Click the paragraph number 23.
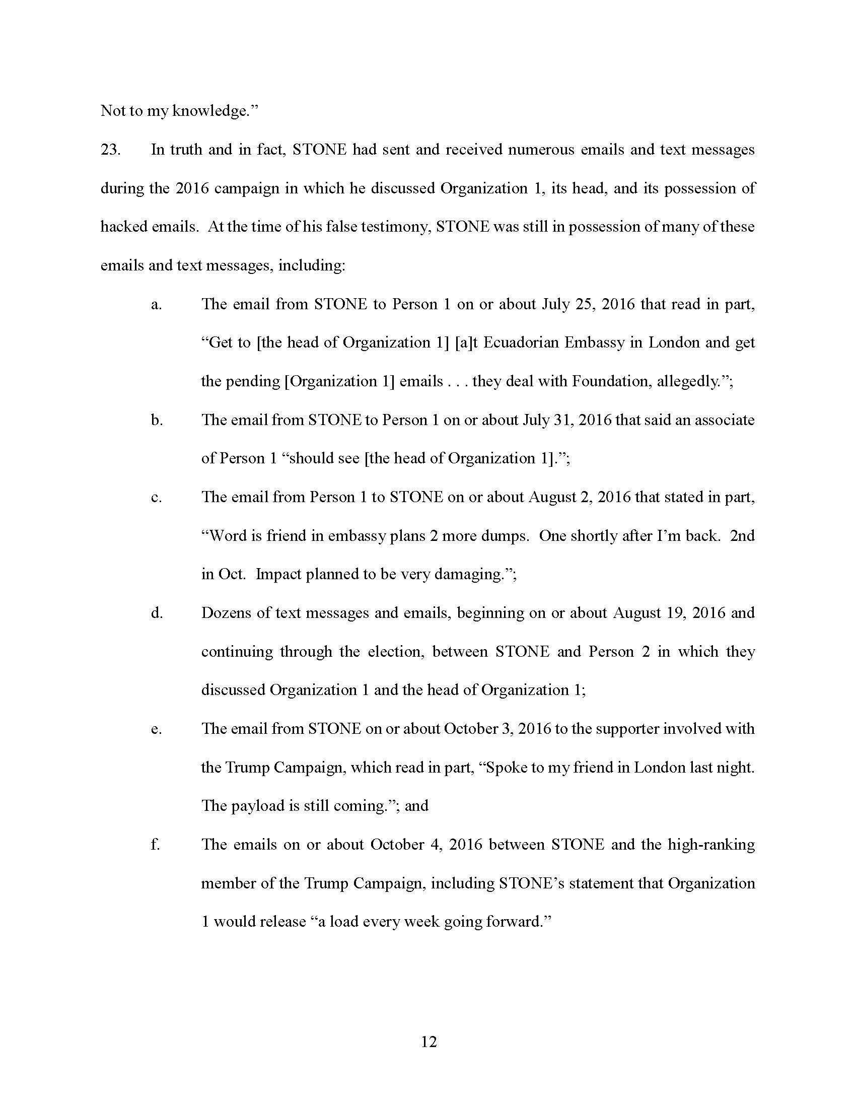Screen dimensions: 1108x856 pyautogui.click(x=110, y=150)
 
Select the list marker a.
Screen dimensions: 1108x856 pyautogui.click(x=156, y=304)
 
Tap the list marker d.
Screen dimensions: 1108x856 pyautogui.click(x=157, y=613)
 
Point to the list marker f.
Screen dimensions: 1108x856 pyautogui.click(x=155, y=844)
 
